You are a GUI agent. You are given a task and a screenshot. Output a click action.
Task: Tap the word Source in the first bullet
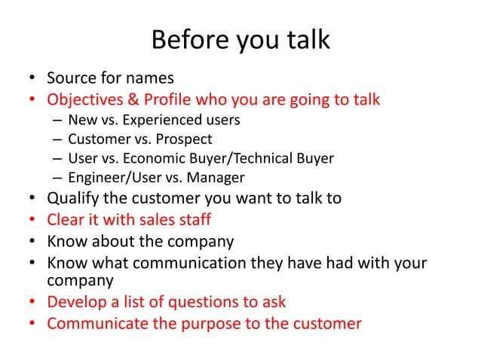pyautogui.click(x=71, y=78)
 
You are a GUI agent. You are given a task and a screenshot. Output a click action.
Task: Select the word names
pyautogui.click(x=150, y=78)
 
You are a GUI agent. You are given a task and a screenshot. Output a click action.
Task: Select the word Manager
pyautogui.click(x=217, y=178)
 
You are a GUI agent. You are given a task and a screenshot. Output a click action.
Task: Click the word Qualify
pyautogui.click(x=73, y=200)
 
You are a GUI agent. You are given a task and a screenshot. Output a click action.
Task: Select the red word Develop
pyautogui.click(x=77, y=303)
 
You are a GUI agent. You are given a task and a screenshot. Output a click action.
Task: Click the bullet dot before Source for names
pyautogui.click(x=32, y=79)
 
